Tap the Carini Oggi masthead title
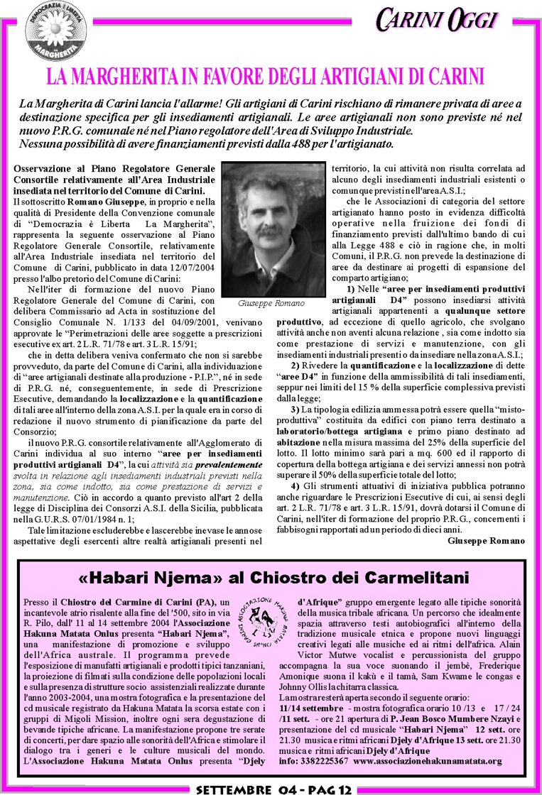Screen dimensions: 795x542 436,20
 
